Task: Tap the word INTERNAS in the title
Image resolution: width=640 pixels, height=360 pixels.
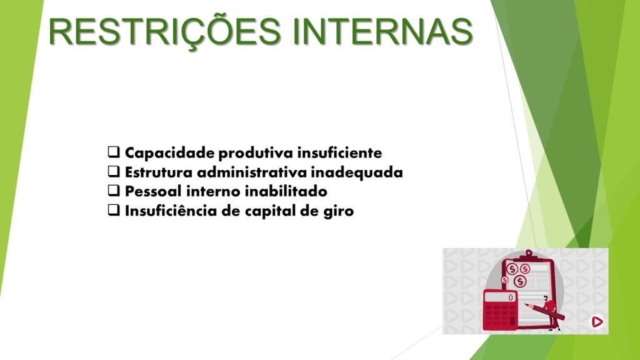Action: pyautogui.click(x=382, y=31)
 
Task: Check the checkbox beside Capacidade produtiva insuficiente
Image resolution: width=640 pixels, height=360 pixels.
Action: pyautogui.click(x=114, y=152)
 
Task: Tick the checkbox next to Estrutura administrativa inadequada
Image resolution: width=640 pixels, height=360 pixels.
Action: pyautogui.click(x=114, y=171)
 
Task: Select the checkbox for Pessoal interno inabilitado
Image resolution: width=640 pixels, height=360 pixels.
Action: pyautogui.click(x=114, y=190)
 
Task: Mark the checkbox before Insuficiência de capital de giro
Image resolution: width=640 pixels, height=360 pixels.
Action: pyautogui.click(x=114, y=210)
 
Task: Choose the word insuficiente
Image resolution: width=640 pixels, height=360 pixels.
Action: pyautogui.click(x=339, y=152)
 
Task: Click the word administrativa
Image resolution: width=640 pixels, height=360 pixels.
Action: pyautogui.click(x=251, y=172)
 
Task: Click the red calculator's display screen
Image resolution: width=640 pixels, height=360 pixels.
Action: pyautogui.click(x=499, y=297)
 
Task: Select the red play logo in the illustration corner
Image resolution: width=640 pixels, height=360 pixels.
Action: pyautogui.click(x=597, y=322)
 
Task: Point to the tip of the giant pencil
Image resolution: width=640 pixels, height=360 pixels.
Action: pyautogui.click(x=526, y=304)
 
